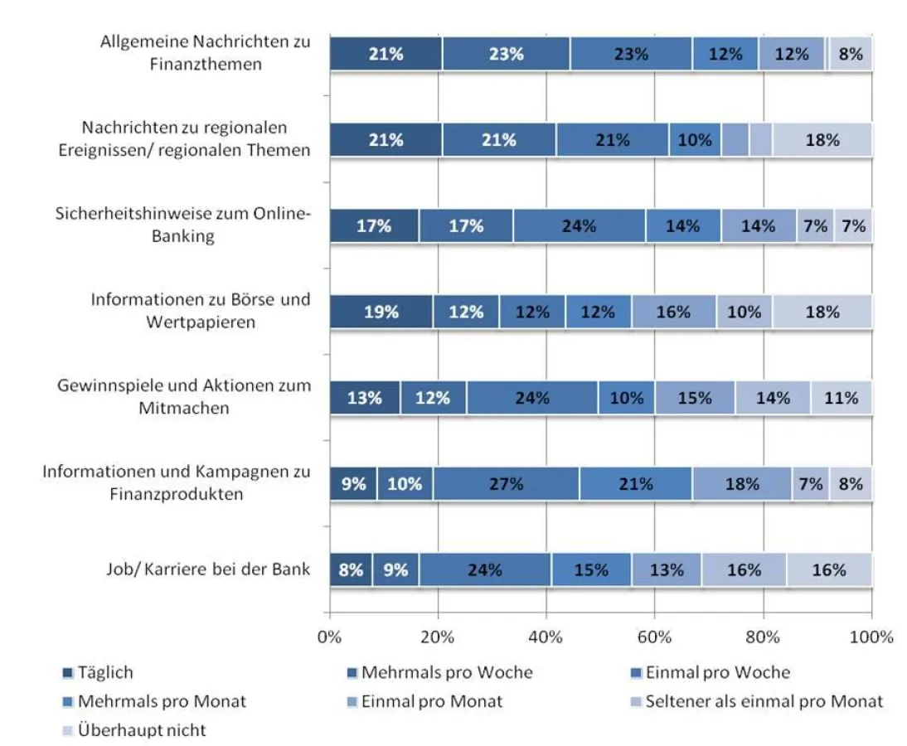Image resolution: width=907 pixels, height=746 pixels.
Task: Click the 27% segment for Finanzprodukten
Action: pos(505,484)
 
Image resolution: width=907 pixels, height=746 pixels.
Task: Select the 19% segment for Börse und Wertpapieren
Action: pos(381,312)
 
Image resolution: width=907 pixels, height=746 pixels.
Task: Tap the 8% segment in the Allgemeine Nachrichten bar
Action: pos(851,54)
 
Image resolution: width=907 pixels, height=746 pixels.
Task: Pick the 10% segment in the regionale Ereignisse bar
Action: pos(695,140)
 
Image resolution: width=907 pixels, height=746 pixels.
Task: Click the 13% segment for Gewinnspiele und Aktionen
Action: pos(365,398)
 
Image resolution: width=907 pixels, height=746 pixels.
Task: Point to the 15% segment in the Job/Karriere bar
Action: pos(591,570)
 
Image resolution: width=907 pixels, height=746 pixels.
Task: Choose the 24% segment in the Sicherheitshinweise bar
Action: pos(579,226)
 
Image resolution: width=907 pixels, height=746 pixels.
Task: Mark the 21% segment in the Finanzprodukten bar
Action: pos(636,484)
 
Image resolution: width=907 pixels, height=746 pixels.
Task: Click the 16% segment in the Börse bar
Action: pos(673,312)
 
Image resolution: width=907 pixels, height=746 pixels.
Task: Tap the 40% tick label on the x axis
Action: pos(546,637)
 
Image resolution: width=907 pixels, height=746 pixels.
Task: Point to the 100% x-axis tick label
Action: pos(871,637)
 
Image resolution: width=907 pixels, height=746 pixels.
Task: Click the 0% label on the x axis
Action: pos(330,637)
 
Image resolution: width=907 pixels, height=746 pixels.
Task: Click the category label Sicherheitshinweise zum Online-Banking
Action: pos(182,225)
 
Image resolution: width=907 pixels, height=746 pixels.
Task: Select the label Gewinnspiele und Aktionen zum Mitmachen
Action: pos(184,397)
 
